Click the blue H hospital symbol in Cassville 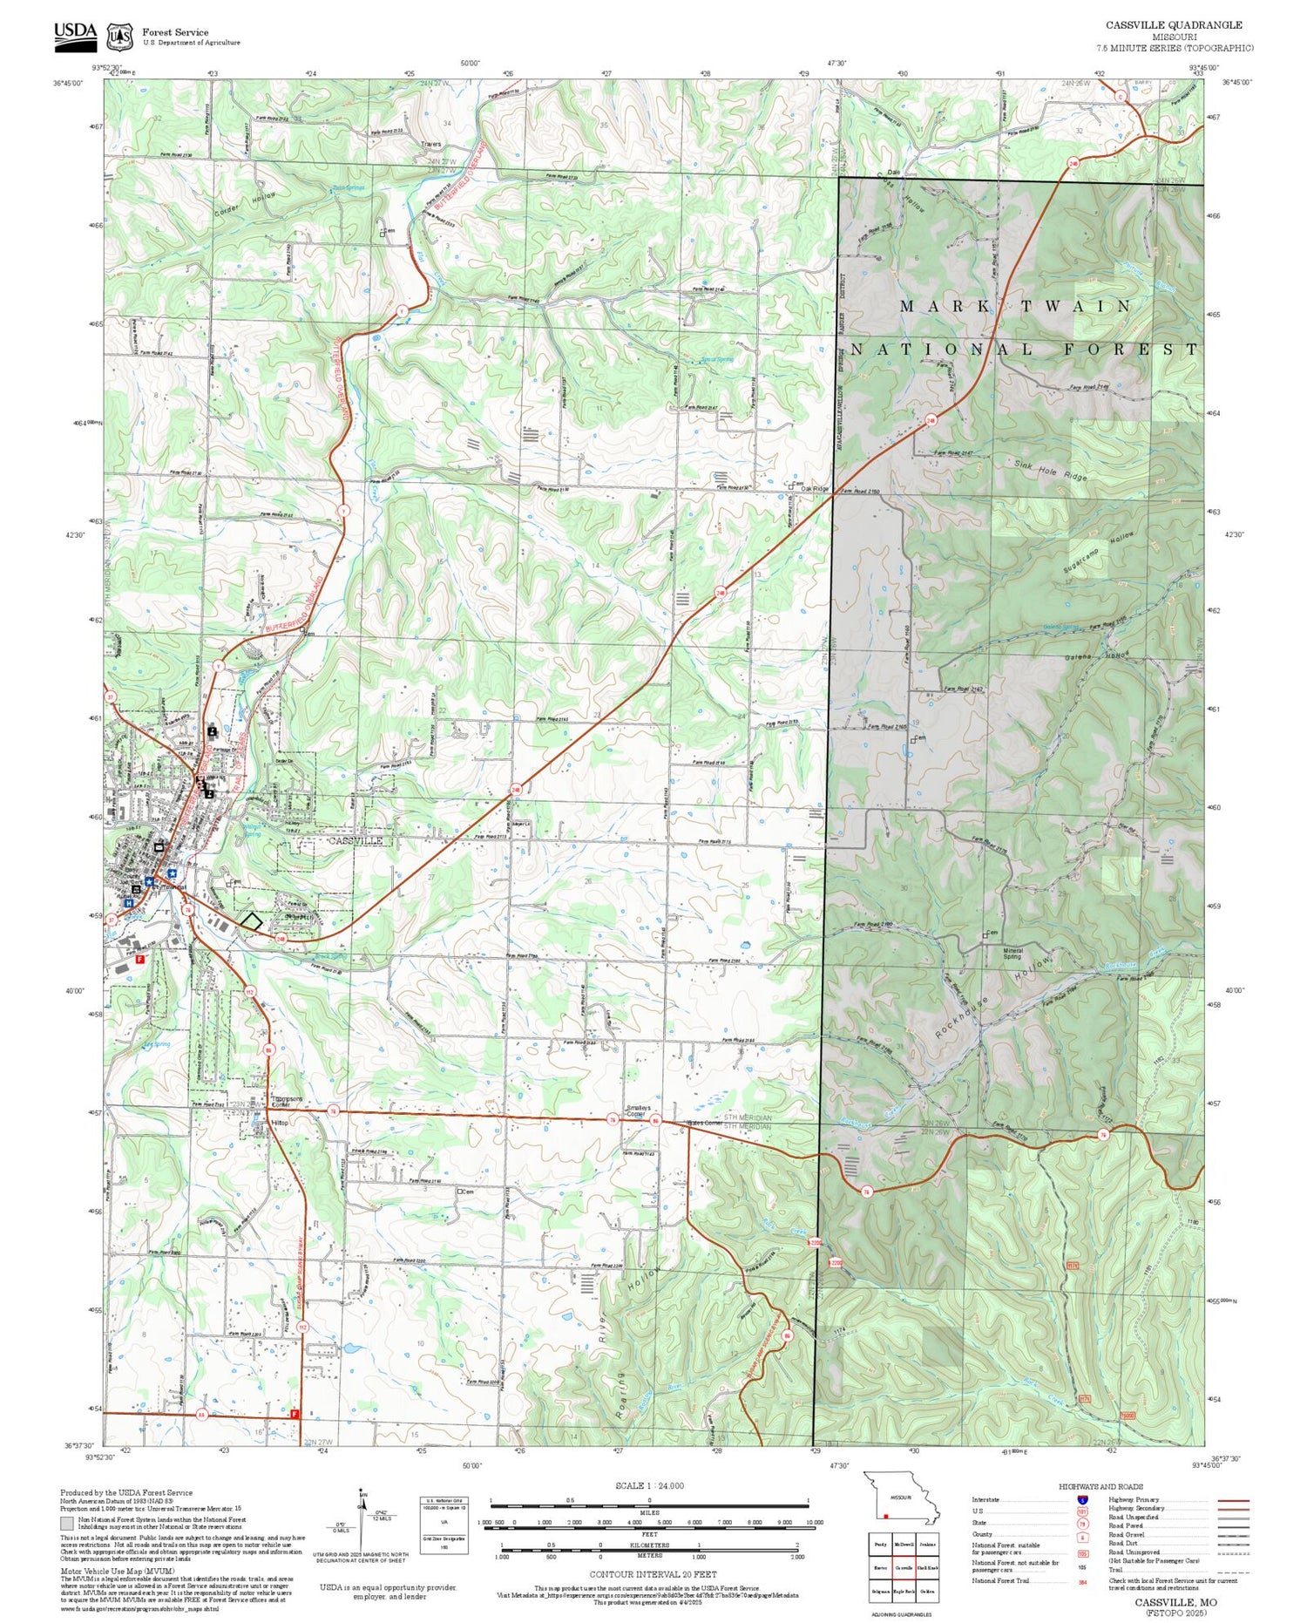coord(128,904)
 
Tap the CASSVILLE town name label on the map coord(356,841)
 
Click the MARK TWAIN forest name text coord(1015,306)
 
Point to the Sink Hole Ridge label coord(1051,472)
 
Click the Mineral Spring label coord(1013,954)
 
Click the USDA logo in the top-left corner coord(76,35)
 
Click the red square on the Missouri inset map coord(886,1515)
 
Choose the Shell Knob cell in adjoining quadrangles coord(928,1567)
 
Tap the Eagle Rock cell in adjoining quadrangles coord(904,1591)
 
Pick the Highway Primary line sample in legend coord(1230,1500)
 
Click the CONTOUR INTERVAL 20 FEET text coord(653,1574)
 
